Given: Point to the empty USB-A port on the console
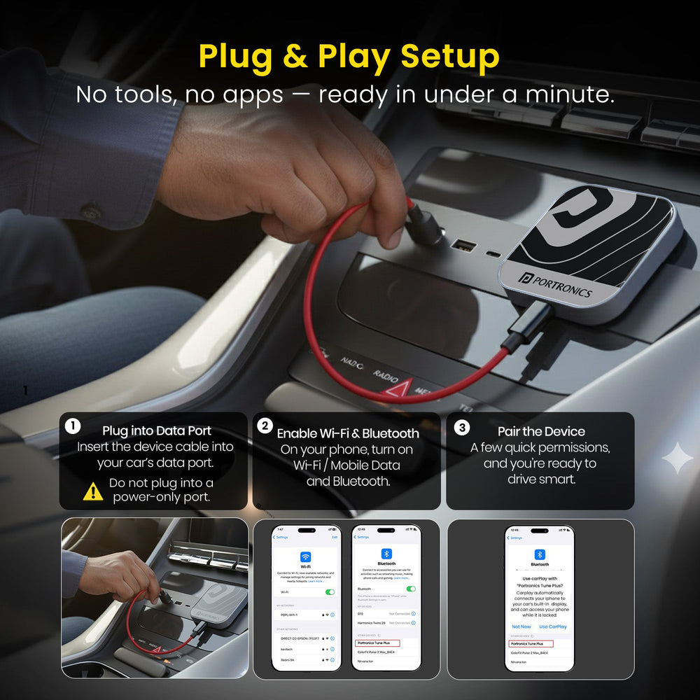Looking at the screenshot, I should point(463,246).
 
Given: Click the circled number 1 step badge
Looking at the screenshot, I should point(72,426).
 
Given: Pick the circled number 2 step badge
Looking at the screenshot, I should point(264,426).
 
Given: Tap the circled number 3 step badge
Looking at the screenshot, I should point(462,427).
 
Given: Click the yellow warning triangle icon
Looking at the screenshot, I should point(93,491).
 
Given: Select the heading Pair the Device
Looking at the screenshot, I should point(541,431).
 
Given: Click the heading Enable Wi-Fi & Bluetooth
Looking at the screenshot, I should point(348,433).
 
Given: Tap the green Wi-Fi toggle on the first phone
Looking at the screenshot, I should point(330,591).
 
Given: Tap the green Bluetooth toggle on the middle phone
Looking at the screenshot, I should point(409,589).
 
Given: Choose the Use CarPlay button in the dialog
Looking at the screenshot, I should point(553,626).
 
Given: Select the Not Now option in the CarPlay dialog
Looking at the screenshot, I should point(521,626).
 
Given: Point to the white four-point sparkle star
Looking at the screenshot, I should point(677,458).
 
